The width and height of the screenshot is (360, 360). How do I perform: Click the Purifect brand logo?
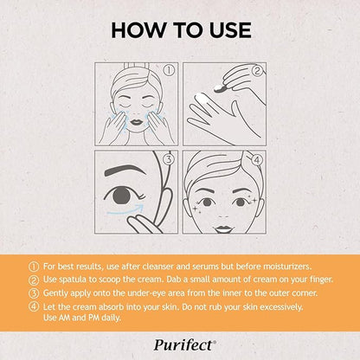tap(184, 344)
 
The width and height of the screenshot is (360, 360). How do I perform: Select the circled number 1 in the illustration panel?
tap(169, 71)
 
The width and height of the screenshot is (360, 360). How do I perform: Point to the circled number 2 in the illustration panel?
tap(257, 71)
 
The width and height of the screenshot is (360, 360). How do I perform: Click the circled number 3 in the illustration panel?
tap(169, 159)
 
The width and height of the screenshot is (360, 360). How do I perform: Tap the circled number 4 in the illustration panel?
tap(257, 159)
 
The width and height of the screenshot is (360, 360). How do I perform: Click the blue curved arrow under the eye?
tap(125, 210)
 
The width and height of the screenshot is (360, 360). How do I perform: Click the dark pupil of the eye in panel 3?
tap(121, 195)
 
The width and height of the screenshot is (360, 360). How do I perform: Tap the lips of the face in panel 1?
tap(137, 122)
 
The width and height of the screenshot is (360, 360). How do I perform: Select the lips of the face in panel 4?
tap(224, 229)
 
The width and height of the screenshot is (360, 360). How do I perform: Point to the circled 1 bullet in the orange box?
tap(34, 267)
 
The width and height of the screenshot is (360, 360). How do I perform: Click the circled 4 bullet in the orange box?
tap(34, 306)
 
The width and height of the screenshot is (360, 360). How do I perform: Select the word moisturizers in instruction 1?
tap(287, 267)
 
